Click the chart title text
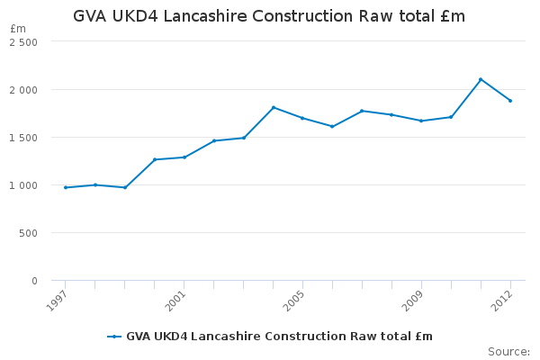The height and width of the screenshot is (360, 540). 269,16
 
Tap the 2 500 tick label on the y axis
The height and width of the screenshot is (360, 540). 24,42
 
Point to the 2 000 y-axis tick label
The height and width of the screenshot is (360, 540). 24,90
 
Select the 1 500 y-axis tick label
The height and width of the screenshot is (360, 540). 24,138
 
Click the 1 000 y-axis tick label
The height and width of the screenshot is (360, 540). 24,185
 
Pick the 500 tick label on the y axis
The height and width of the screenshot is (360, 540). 30,233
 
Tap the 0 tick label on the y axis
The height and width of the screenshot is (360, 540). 34,281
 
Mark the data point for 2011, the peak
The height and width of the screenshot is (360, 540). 481,79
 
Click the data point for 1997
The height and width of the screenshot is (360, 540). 65,187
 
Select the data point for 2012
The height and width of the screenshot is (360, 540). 510,101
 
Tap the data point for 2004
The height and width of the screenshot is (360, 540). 273,107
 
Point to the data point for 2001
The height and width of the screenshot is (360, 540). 184,157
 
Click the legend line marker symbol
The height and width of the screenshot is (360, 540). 114,337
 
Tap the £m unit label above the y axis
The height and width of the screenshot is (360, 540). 18,29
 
